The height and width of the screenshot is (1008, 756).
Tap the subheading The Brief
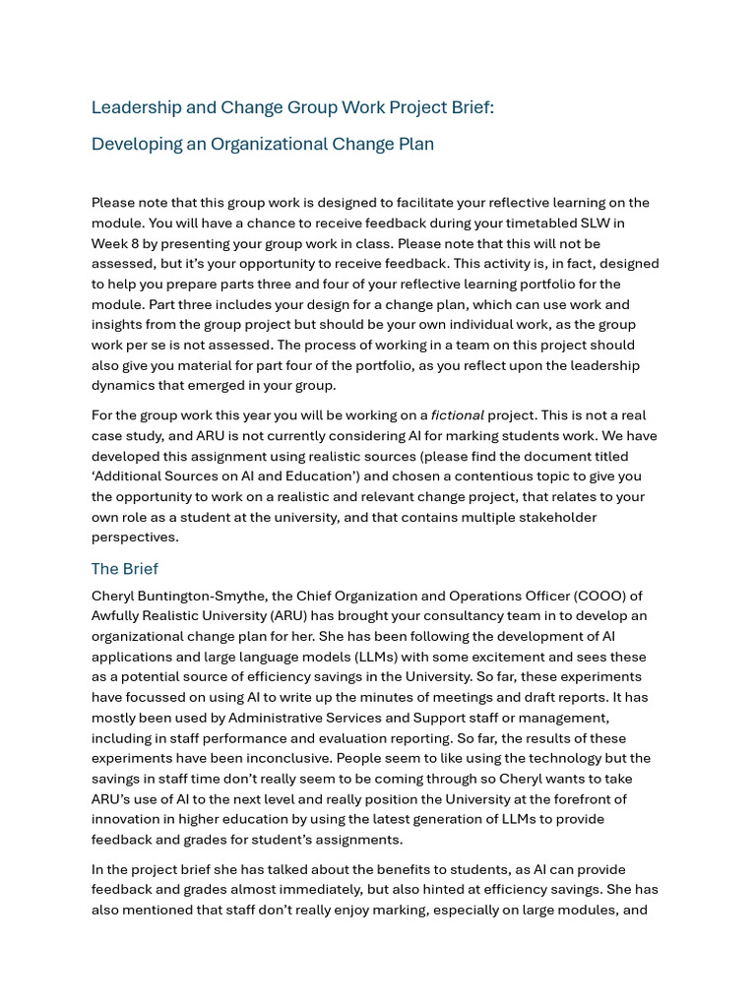(124, 569)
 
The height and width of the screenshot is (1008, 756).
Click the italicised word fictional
(458, 415)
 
